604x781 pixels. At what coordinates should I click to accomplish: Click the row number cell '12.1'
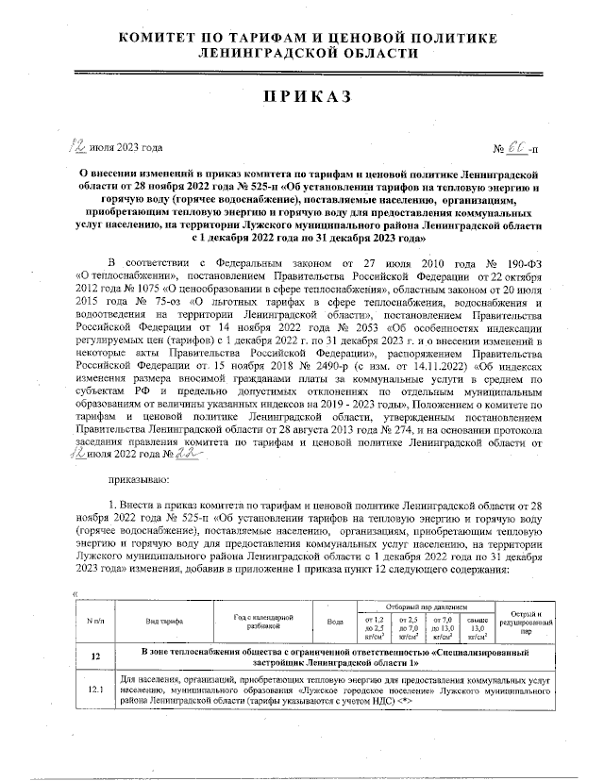[x=95, y=689]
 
